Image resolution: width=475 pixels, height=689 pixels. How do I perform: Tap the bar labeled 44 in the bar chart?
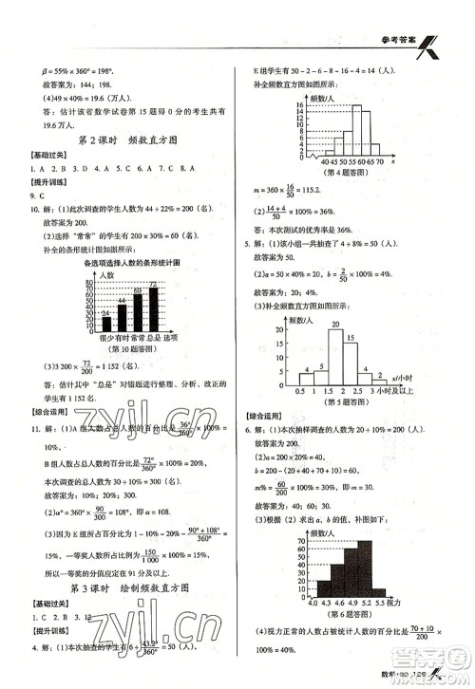[121, 316]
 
